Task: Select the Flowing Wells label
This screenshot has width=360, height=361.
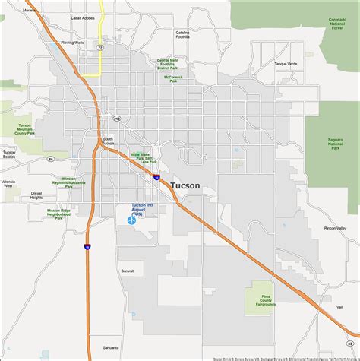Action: click(72, 43)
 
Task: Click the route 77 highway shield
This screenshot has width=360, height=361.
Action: click(99, 47)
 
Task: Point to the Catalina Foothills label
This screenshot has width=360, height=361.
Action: click(182, 36)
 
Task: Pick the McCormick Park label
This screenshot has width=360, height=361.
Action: click(172, 78)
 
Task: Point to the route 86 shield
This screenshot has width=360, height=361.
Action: click(50, 160)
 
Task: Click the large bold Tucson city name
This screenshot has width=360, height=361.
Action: click(186, 185)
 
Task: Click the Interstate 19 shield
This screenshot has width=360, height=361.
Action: click(89, 246)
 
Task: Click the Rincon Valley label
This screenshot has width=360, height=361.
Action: click(334, 228)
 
